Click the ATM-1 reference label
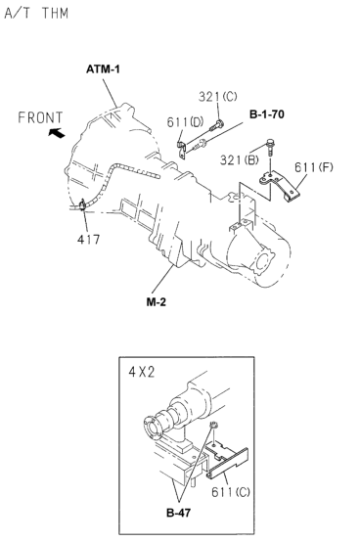103,69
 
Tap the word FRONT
40,117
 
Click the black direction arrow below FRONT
57,133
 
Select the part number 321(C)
217,97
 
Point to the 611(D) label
185,122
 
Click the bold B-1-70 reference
267,114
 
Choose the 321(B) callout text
239,160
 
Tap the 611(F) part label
314,167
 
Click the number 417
88,239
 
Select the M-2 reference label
157,302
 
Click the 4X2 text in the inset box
142,372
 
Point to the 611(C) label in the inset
231,492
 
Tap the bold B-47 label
178,513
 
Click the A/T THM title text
36,14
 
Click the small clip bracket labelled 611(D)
182,150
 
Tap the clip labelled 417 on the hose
82,205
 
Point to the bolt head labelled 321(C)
219,123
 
